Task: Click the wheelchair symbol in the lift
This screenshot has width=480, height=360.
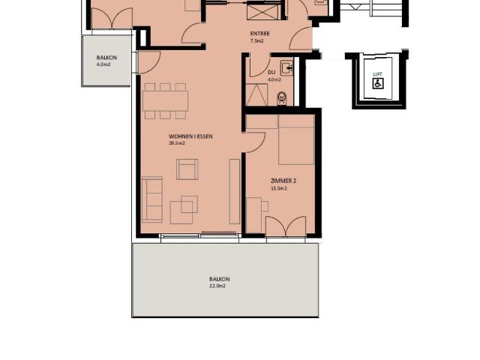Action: click(378, 83)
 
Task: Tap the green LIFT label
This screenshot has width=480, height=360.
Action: click(378, 74)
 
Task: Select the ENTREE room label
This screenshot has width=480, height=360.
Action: click(259, 34)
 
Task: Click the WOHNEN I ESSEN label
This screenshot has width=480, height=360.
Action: click(190, 136)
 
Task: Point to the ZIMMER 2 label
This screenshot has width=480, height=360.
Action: click(283, 181)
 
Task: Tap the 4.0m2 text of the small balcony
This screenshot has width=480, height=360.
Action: click(103, 64)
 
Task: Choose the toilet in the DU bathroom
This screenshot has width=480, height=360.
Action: click(282, 99)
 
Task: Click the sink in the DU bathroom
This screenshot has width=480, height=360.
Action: click(287, 67)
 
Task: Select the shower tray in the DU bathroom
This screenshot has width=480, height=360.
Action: click(256, 94)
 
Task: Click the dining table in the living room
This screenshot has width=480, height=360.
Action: click(165, 101)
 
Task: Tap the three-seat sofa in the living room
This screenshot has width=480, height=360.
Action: click(152, 199)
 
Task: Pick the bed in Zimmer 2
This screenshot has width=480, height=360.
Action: click(296, 140)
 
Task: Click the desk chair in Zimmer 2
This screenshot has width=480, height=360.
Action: click(265, 206)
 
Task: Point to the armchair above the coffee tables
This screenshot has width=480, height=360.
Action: click(187, 169)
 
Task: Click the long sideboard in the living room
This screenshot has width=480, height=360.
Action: click(235, 191)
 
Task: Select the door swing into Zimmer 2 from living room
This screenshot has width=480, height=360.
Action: click(255, 142)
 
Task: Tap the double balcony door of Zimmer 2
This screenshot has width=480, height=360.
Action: click(286, 226)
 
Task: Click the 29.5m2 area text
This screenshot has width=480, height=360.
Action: click(177, 143)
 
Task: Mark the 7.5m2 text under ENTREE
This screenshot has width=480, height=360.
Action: click(256, 41)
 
